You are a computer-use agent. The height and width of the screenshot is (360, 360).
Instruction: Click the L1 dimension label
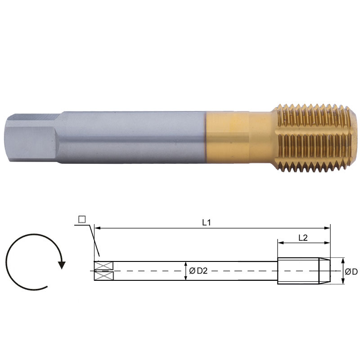point(207,222)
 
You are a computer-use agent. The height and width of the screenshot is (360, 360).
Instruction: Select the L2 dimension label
point(303,238)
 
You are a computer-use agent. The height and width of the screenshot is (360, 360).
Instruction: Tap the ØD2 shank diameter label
point(198,271)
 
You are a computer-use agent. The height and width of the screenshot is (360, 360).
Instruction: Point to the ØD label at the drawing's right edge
point(351,272)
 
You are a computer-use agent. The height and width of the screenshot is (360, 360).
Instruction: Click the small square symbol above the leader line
point(82,219)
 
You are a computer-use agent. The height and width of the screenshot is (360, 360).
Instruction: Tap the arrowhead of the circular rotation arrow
point(62,265)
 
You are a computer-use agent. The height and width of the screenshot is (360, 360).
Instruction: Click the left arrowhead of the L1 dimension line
point(98,228)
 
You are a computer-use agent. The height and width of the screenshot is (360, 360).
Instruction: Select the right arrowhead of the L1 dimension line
point(327,228)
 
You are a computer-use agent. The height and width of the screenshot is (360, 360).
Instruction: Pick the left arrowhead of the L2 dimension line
point(281,243)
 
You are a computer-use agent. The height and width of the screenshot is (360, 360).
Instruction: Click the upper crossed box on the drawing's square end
point(104,266)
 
